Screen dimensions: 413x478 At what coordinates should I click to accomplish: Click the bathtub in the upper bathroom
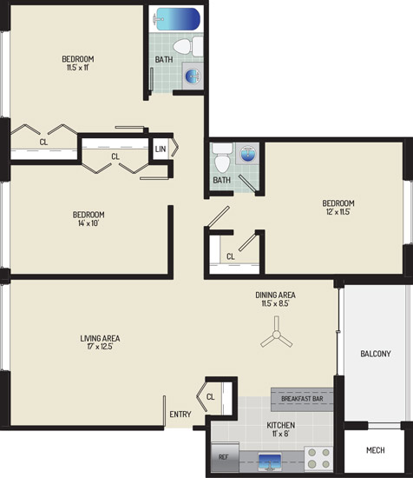pos(176,19)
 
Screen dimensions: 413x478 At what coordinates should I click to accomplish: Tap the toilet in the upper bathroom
pos(187,47)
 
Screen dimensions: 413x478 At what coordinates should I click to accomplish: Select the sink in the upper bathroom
pos(193,76)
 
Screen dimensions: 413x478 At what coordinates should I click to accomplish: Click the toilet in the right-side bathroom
pos(222,157)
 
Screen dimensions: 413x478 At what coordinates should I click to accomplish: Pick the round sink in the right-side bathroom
pos(247,154)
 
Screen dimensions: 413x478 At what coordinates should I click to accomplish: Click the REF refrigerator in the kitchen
pos(226,456)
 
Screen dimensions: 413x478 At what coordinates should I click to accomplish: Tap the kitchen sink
pos(270,461)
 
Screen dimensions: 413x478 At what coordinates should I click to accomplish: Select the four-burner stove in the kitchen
pos(318,458)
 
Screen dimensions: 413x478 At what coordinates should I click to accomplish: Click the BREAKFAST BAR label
pos(302,399)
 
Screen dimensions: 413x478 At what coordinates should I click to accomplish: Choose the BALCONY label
pos(376,354)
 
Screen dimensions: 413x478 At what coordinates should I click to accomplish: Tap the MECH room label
pos(376,450)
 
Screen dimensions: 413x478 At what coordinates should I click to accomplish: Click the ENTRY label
pos(180,415)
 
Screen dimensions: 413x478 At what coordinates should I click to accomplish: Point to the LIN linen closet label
pos(161,149)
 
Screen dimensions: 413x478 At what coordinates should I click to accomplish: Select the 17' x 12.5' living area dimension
pos(100,347)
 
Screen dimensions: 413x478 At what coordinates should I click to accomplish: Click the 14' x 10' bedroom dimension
pos(88,223)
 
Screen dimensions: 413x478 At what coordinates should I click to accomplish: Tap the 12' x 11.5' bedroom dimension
pos(338,211)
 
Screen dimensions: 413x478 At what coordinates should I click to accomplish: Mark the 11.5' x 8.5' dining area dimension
pos(275,303)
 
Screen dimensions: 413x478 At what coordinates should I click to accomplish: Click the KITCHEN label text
pos(280,425)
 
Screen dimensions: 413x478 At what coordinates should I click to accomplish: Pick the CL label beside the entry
pos(210,396)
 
